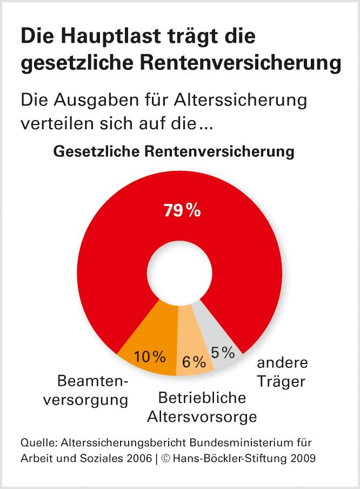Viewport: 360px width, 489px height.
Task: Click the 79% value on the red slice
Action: pos(182,210)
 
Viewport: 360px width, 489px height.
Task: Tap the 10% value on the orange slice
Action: pos(150,356)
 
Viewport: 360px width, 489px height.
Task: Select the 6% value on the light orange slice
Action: pos(194,362)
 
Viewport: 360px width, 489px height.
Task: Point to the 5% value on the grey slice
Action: pos(223,353)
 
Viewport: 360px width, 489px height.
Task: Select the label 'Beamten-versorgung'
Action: pos(93,391)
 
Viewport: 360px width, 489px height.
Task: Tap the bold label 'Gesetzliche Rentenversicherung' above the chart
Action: pos(174,151)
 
